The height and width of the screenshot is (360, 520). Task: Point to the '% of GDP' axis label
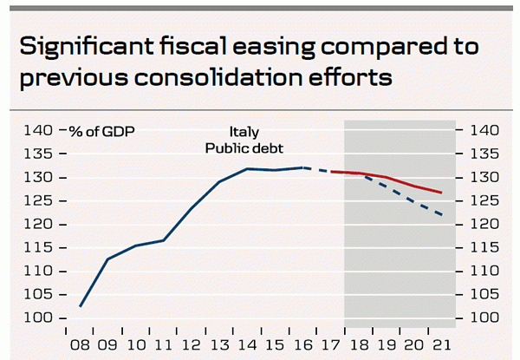coord(103,131)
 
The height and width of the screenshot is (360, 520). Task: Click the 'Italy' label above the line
coord(244,132)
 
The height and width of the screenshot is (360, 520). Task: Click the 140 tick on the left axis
coord(38,131)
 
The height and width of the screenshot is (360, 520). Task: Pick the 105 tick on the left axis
coord(38,295)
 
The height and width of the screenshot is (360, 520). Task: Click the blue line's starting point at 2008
coord(80,306)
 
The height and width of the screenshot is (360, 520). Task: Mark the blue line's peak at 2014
coord(247,169)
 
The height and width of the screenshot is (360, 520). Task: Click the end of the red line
coord(442,193)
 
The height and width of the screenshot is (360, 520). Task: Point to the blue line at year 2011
coord(164,240)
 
